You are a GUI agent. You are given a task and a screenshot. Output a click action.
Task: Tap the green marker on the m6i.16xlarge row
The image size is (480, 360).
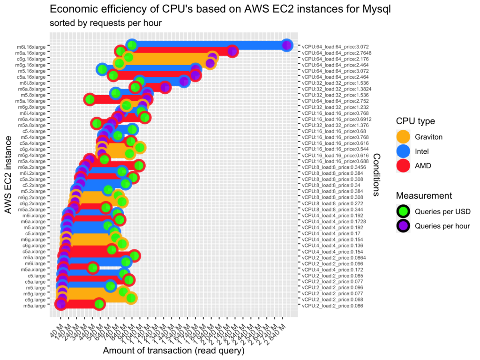(132, 45)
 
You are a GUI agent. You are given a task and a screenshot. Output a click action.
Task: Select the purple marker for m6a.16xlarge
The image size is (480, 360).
(232, 52)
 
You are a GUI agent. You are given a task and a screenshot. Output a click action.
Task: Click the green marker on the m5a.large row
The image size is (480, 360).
(99, 304)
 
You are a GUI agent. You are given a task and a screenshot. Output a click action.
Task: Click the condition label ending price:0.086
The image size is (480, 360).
(332, 306)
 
